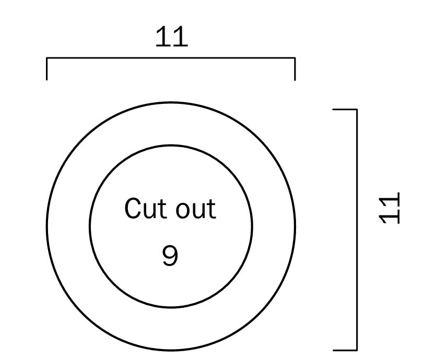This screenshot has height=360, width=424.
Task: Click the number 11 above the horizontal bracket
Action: [x=172, y=37]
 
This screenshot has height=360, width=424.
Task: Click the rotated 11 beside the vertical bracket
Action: [x=390, y=208]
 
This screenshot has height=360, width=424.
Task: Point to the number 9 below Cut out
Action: [x=170, y=256]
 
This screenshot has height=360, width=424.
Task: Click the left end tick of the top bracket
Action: [x=47, y=69]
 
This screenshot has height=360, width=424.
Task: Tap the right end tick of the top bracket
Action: [x=295, y=69]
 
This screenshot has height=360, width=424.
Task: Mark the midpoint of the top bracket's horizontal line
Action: [x=171, y=58]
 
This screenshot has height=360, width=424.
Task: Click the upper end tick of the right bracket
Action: [x=345, y=110]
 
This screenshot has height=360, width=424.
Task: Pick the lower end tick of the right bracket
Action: [x=345, y=350]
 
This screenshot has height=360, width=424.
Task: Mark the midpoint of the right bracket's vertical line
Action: [x=357, y=230]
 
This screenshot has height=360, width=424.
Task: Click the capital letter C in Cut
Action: [x=133, y=208]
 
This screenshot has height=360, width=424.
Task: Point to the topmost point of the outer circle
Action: [x=171, y=102]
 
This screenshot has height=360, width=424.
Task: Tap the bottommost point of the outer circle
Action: [x=171, y=351]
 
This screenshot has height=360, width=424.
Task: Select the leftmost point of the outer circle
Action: [x=47, y=226]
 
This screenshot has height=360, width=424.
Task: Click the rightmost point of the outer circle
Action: [x=296, y=226]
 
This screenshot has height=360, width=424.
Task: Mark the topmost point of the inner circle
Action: [x=171, y=146]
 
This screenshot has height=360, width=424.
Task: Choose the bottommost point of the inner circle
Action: [x=171, y=307]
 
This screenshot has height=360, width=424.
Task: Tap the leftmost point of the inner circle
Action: [x=90, y=226]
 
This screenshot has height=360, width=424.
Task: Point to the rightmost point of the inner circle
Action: [x=252, y=226]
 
